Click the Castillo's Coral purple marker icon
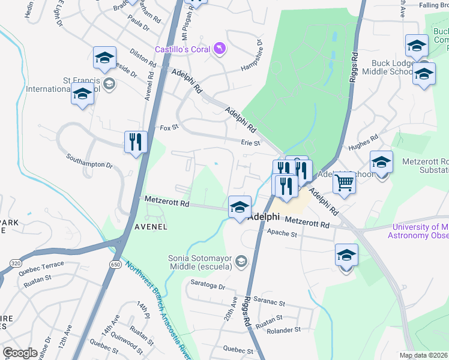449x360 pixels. pyautogui.click(x=220, y=49)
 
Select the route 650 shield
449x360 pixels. pyautogui.click(x=114, y=263)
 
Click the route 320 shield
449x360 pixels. pyautogui.click(x=17, y=263)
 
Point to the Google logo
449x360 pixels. pyautogui.click(x=20, y=353)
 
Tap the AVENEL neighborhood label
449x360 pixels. pyautogui.click(x=151, y=226)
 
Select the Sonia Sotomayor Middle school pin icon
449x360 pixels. pyautogui.click(x=241, y=260)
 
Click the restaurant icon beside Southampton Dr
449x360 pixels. pyautogui.click(x=136, y=142)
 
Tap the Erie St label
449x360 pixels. pyautogui.click(x=250, y=143)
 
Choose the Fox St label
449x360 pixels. pyautogui.click(x=169, y=128)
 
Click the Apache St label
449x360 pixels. pyautogui.click(x=282, y=232)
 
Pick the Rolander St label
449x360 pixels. pyautogui.click(x=284, y=330)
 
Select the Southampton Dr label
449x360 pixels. pyautogui.click(x=89, y=164)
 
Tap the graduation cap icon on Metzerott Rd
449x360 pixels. pyautogui.click(x=240, y=208)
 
